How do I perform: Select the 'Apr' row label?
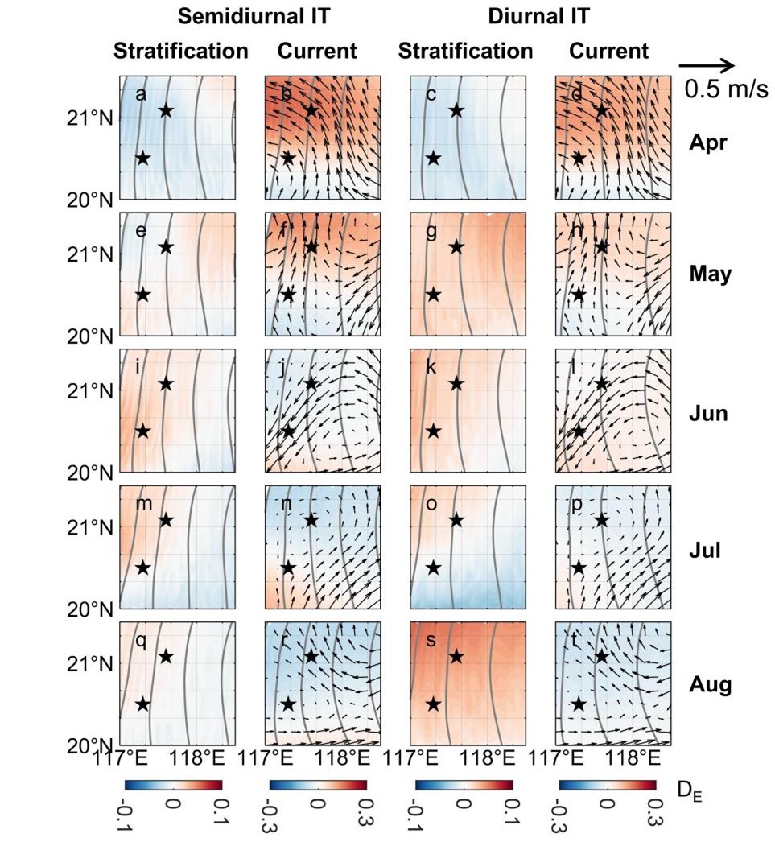coord(708,143)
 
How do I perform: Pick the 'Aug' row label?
coord(710,686)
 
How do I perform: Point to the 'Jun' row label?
coord(709,415)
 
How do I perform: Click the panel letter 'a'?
coord(141,95)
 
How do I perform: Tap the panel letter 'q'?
coord(141,641)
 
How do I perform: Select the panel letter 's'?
coord(431,641)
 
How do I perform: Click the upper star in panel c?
coord(456,110)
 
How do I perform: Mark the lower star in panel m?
coord(142,568)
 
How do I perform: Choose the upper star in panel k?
coord(456,383)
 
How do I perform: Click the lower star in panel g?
coord(433,295)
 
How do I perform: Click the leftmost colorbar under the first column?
coord(173,786)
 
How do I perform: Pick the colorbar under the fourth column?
coord(607,786)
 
